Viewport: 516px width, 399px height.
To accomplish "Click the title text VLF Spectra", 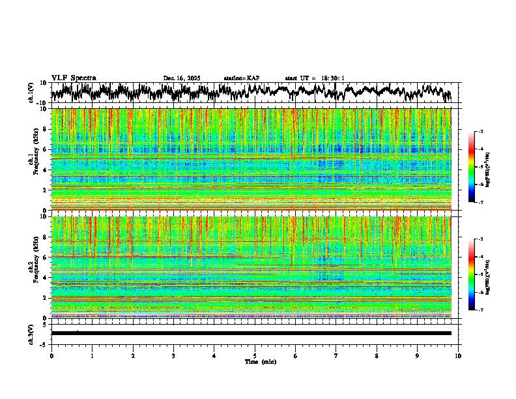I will [74, 78].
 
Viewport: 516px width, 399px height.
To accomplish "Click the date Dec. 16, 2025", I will [182, 78].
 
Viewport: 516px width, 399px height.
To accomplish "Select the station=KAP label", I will [242, 78].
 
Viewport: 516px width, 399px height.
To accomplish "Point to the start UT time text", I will [315, 78].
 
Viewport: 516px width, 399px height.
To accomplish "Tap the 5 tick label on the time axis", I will [255, 356].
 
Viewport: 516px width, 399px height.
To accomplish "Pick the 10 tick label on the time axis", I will [458, 356].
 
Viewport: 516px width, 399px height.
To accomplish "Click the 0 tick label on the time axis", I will [51, 356].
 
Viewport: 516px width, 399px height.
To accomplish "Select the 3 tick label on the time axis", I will [173, 356].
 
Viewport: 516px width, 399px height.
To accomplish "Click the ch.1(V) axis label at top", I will [32, 93].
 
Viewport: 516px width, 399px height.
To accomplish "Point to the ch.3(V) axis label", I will [32, 333].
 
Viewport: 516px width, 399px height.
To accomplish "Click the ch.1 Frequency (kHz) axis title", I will [32, 159].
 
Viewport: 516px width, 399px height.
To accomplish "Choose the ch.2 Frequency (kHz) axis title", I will [32, 267].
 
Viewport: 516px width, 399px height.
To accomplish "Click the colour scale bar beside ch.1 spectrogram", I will [472, 167].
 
